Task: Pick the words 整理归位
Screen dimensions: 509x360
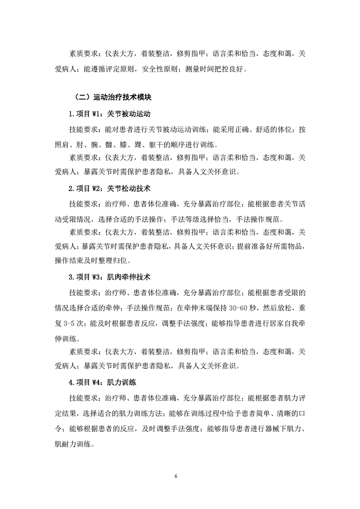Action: pos(117,261)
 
